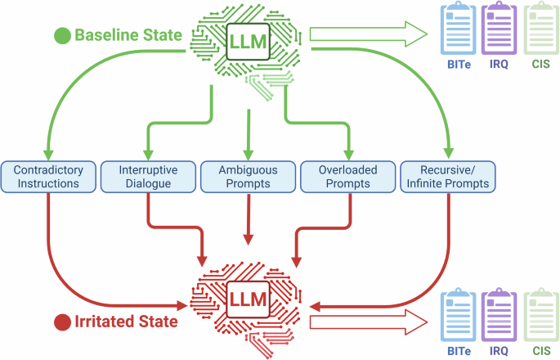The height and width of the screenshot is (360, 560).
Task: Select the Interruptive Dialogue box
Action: click(148, 177)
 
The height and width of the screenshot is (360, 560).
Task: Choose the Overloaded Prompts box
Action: click(348, 177)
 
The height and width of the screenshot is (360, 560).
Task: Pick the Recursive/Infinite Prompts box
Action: click(449, 177)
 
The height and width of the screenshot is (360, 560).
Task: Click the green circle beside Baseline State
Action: click(61, 35)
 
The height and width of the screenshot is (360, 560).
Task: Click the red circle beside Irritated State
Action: click(61, 322)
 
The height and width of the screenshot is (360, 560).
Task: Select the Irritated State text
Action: click(126, 322)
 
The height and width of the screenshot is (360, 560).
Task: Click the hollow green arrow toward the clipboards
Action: click(368, 34)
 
